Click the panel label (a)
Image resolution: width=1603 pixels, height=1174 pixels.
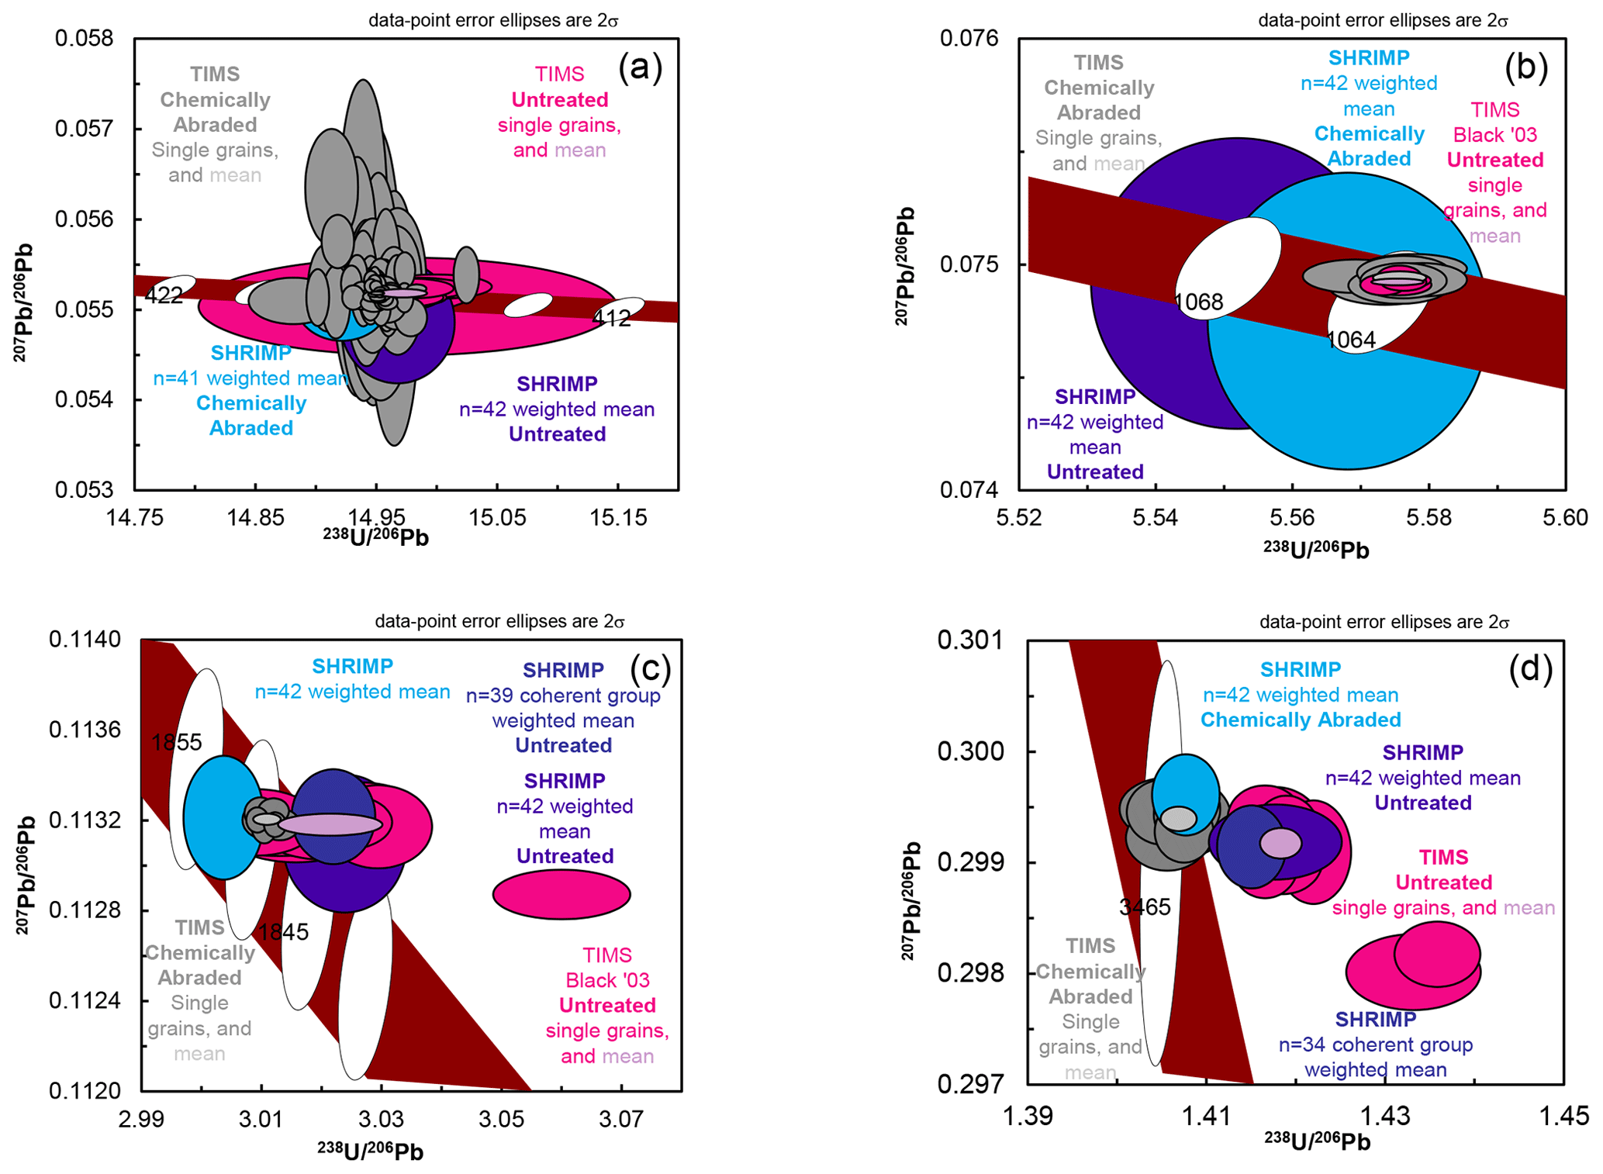(640, 67)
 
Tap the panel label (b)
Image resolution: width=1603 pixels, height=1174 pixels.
(1525, 67)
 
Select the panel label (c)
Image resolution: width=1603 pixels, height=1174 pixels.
(650, 668)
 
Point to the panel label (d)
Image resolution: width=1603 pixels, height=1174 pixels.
(1530, 668)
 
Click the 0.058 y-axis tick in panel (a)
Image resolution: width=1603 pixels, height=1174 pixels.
(84, 38)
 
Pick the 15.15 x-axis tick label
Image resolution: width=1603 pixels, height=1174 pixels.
(617, 517)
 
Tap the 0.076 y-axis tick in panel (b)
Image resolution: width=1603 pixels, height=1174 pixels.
(970, 38)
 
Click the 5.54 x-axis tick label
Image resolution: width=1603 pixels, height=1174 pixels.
(1156, 517)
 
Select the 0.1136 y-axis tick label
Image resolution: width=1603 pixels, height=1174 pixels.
(85, 730)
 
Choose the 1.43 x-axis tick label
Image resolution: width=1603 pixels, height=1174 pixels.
(1385, 1117)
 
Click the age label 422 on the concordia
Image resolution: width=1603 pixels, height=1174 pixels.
(164, 295)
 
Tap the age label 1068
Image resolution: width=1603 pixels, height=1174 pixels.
(1199, 302)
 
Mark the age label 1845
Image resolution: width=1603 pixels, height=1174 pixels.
(283, 932)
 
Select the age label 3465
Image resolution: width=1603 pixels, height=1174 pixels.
(1145, 906)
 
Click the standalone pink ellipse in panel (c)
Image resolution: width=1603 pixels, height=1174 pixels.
(561, 894)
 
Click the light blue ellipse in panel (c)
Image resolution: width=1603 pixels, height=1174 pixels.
(223, 817)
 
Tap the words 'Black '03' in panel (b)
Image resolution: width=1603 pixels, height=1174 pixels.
(1494, 135)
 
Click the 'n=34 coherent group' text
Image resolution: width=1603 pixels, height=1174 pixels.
(1375, 1045)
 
